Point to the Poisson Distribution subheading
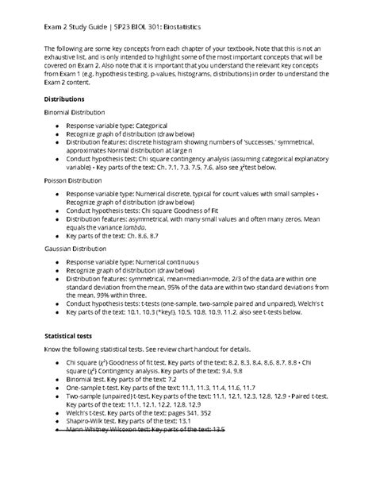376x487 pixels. click(x=78, y=180)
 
